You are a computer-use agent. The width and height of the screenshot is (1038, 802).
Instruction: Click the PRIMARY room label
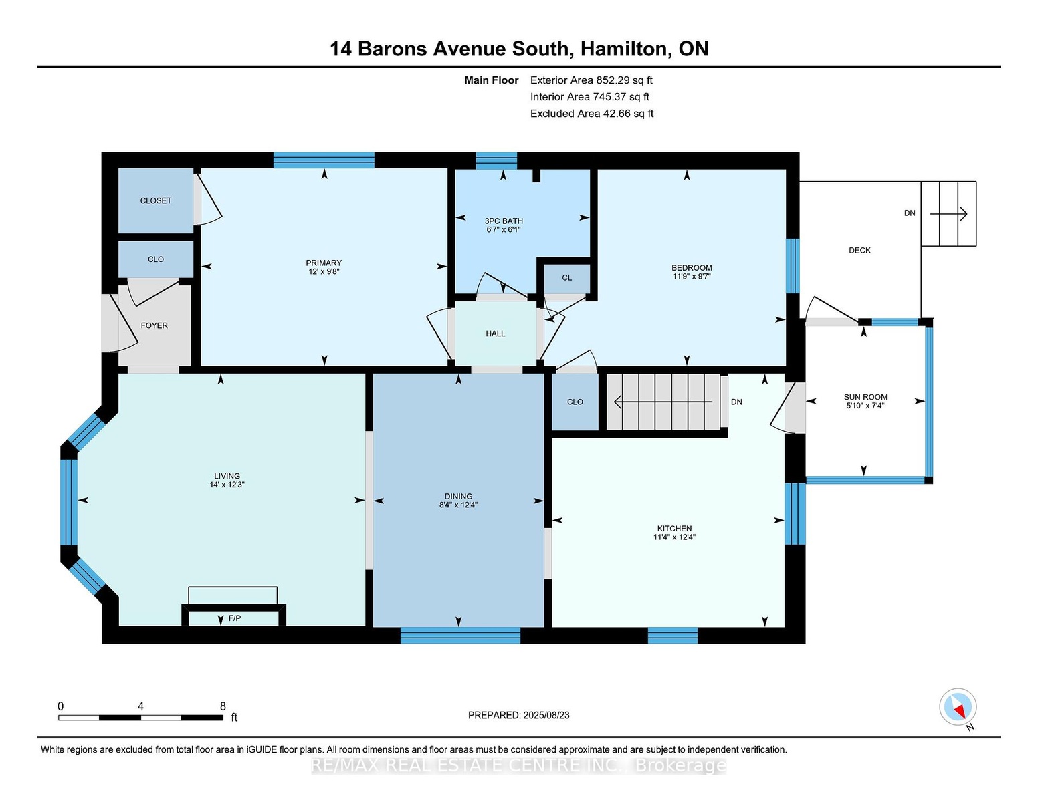324,263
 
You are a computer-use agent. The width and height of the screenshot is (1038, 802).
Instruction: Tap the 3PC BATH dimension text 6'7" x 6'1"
503,229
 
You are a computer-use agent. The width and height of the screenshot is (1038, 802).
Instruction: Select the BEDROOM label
691,267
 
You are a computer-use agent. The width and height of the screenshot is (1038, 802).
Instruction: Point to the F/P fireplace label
235,618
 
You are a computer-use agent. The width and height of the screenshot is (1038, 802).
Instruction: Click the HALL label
496,333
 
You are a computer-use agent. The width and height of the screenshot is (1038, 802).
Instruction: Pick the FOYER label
154,325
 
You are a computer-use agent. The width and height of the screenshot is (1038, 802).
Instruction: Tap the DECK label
859,250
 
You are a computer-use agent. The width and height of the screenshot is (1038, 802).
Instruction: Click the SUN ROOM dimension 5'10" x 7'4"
865,406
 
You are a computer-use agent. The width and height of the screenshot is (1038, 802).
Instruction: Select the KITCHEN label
674,528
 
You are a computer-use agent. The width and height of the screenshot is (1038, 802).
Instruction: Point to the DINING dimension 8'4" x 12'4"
458,505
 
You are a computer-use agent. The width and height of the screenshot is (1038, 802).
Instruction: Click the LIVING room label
227,476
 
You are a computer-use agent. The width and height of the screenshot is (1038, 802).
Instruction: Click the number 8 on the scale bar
223,706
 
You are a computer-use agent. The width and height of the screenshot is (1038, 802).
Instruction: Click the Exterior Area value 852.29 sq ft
624,80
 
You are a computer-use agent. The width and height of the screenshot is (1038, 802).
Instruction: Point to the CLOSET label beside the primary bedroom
156,200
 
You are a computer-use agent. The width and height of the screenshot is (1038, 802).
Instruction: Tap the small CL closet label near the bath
566,277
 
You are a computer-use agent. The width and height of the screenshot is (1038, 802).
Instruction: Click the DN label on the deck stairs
910,213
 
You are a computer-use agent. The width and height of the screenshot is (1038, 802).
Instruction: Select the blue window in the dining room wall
460,635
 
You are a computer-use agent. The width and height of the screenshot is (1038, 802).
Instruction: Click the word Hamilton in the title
624,49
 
